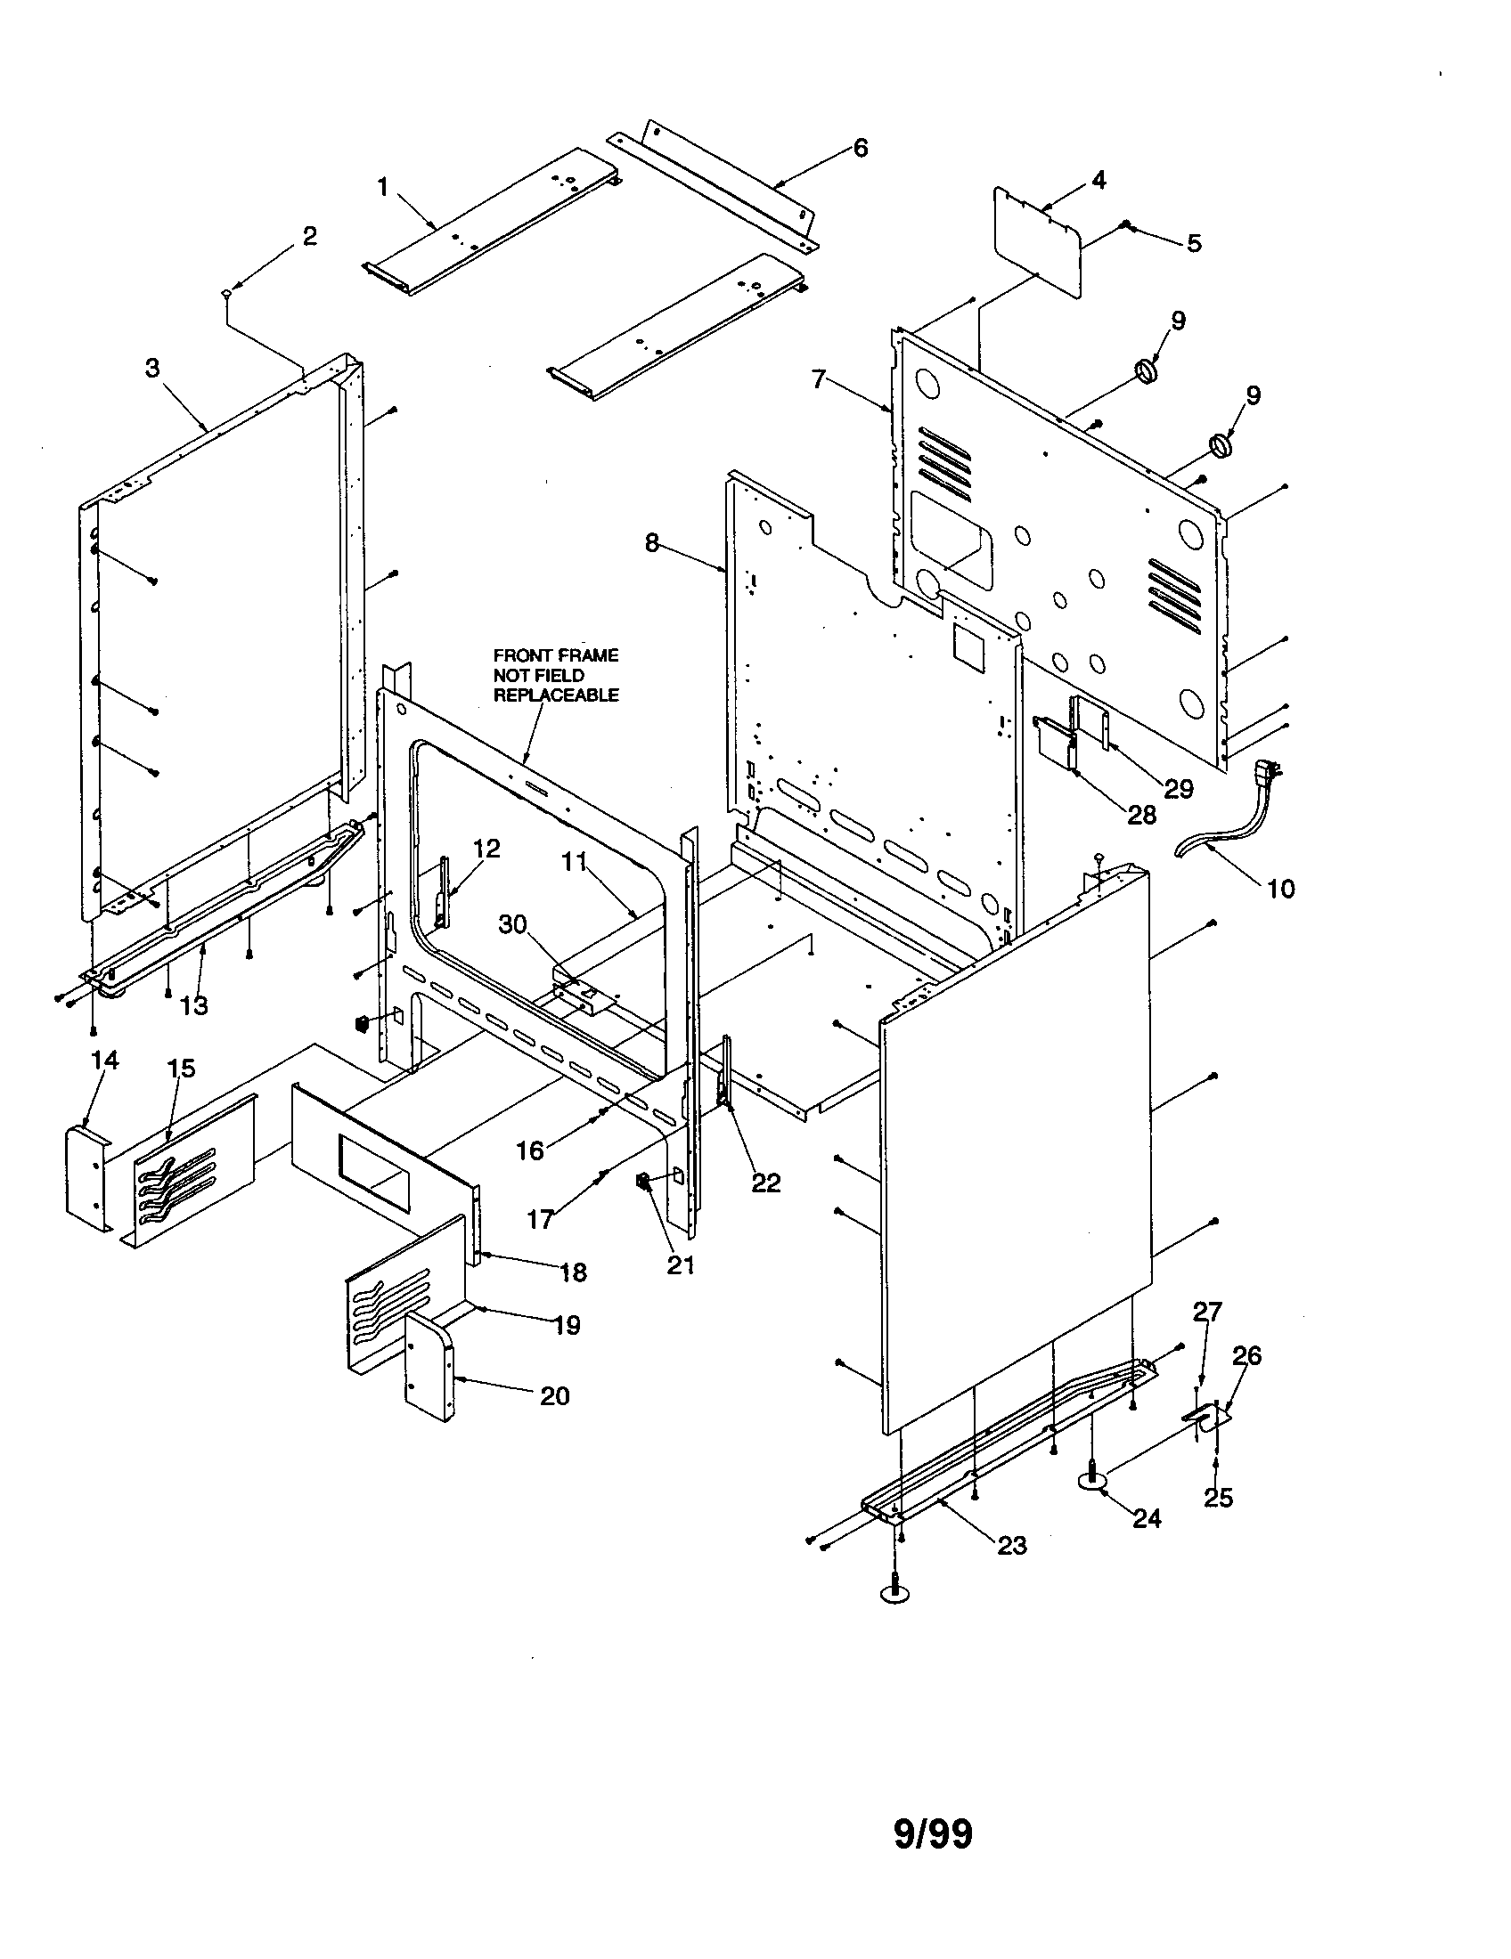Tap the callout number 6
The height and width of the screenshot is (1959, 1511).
(861, 147)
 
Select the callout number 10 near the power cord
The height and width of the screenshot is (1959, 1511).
(1280, 888)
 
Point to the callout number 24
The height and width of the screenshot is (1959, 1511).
(1147, 1517)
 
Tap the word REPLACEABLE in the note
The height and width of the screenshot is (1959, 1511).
(555, 695)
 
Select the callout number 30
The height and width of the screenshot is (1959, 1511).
(513, 925)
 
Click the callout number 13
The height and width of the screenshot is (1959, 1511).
(193, 1005)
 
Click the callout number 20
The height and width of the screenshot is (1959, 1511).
(554, 1395)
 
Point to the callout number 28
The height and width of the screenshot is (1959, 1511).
(1142, 815)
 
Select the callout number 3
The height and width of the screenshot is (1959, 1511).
(152, 369)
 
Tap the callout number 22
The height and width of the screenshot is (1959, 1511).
(765, 1183)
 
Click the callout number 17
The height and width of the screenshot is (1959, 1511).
(540, 1219)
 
